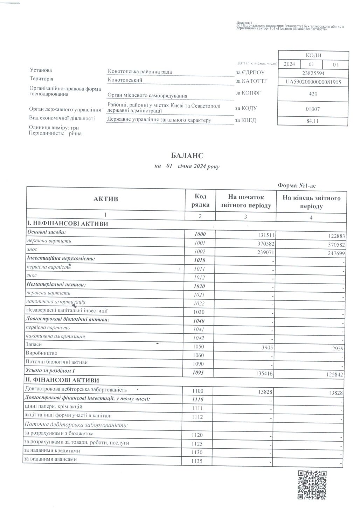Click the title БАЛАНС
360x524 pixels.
(x=187, y=155)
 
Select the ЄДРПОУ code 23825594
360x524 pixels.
(x=313, y=74)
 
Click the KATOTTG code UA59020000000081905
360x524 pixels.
(x=313, y=82)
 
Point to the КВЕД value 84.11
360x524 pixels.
(x=313, y=121)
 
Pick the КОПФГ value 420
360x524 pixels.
(x=313, y=94)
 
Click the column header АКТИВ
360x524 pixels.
(x=106, y=199)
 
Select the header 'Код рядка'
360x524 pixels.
(x=200, y=200)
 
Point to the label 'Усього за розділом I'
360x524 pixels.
(x=50, y=371)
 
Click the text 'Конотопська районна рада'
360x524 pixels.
(x=140, y=72)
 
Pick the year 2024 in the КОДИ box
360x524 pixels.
(x=289, y=64)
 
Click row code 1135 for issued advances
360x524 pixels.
(x=197, y=461)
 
